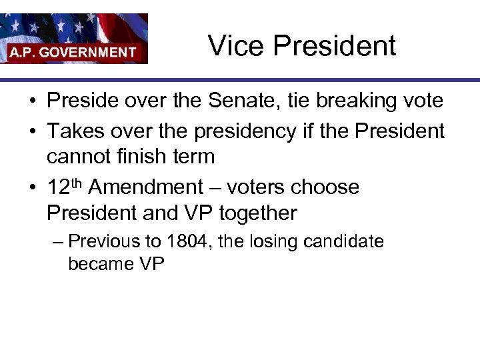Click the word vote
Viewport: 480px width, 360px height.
420,101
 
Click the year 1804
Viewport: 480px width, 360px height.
187,241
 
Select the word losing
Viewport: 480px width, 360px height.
275,241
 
